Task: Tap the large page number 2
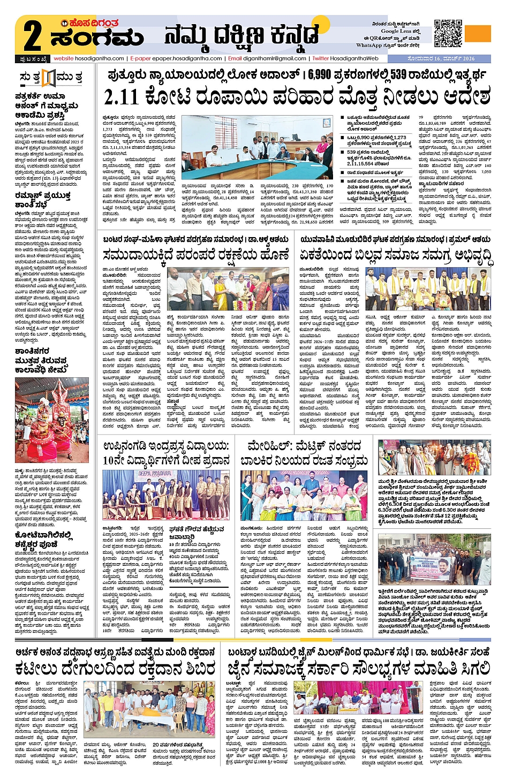click(x=32, y=37)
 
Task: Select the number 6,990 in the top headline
click(x=320, y=74)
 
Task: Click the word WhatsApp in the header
click(x=369, y=45)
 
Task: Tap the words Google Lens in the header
click(x=396, y=31)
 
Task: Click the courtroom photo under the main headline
click(x=258, y=147)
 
